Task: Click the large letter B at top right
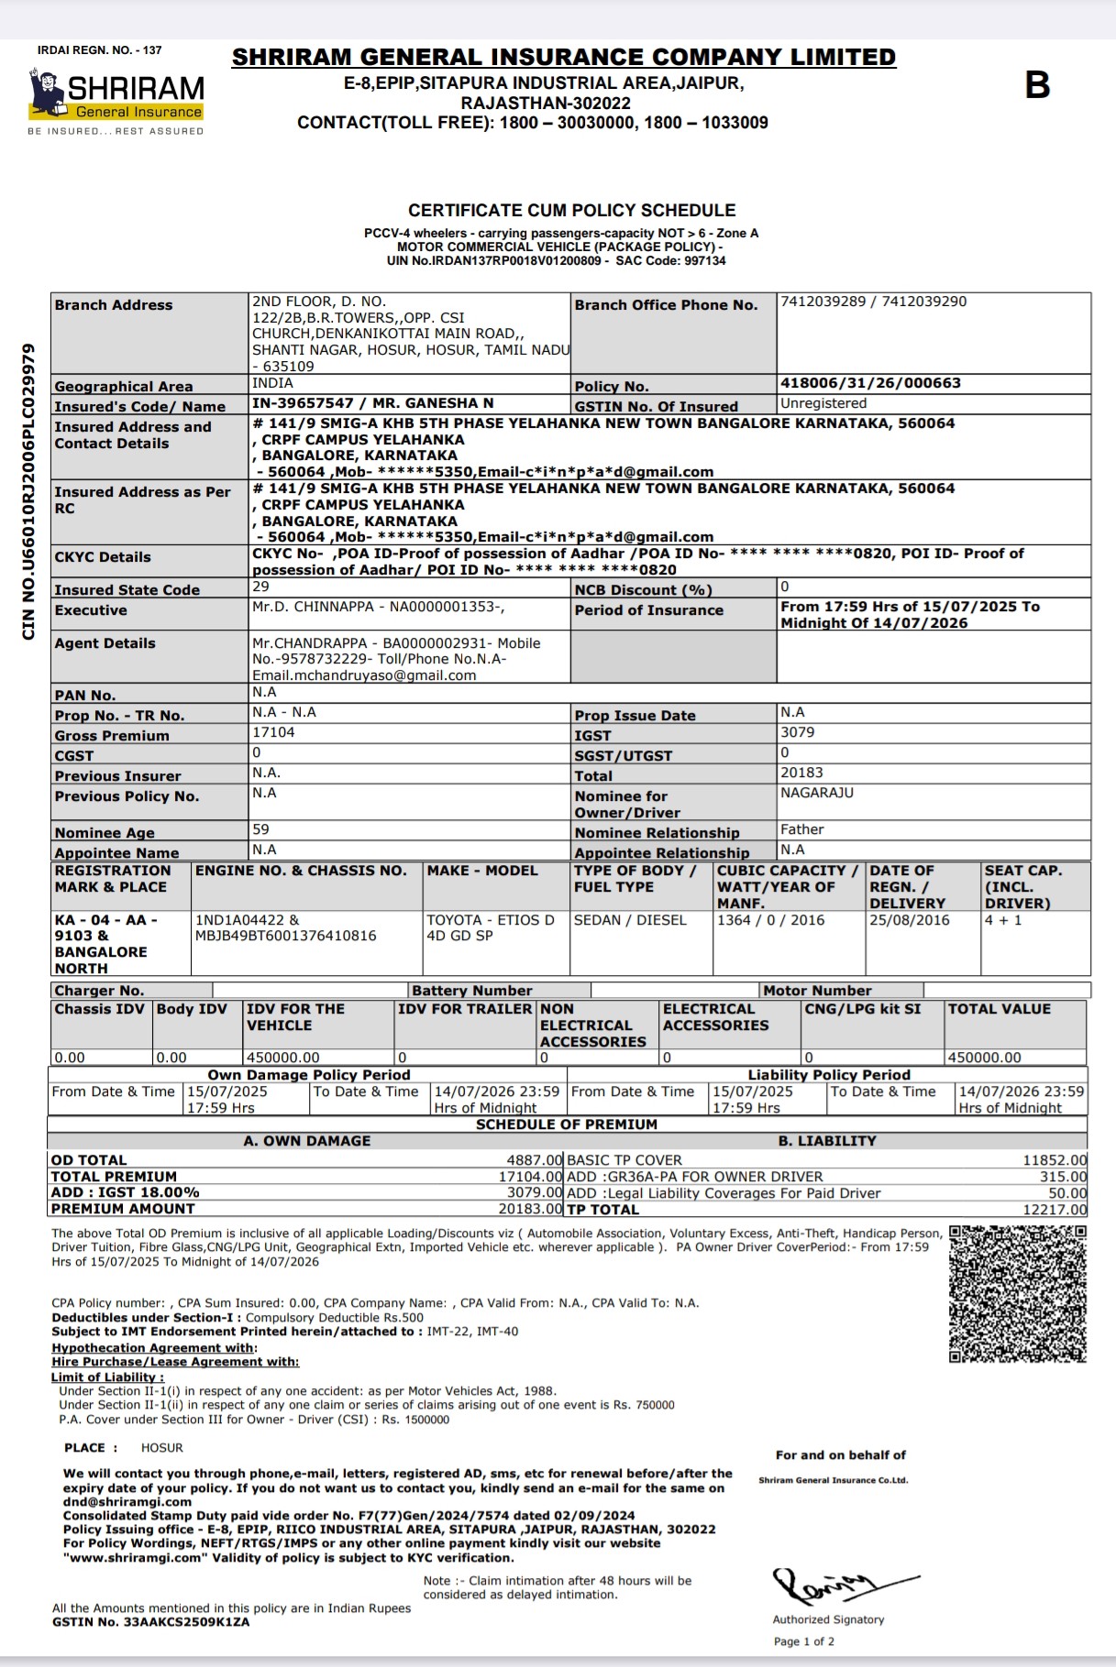[x=1037, y=85]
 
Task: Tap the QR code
[x=1017, y=1294]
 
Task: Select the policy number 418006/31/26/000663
[x=870, y=383]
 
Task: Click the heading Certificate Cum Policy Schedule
[x=571, y=211]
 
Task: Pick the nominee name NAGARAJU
[x=816, y=793]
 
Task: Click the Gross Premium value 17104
[x=273, y=733]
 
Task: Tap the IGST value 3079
[x=797, y=733]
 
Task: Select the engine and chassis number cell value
[x=285, y=928]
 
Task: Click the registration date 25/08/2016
[x=909, y=920]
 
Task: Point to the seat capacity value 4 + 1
[x=1003, y=920]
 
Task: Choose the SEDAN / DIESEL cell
[x=630, y=920]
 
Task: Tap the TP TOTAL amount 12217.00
[x=1055, y=1210]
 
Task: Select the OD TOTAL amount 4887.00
[x=534, y=1160]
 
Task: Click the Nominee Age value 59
[x=260, y=829]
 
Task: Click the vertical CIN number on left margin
[x=28, y=491]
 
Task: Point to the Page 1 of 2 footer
[x=804, y=1641]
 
